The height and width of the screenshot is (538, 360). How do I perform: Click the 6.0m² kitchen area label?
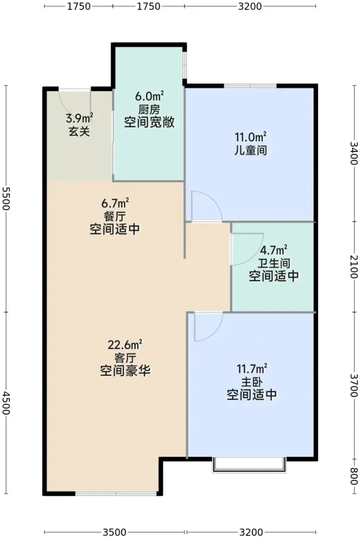click(x=149, y=96)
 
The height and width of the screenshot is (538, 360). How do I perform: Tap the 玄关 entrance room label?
click(x=79, y=131)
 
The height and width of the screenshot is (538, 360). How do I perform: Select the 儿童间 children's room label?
click(x=251, y=151)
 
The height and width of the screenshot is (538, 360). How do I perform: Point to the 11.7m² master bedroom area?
click(x=252, y=369)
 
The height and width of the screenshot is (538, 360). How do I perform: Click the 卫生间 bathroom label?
click(x=274, y=264)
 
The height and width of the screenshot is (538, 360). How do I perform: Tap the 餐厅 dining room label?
click(x=115, y=217)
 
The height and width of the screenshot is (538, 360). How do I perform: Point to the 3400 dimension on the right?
click(x=354, y=153)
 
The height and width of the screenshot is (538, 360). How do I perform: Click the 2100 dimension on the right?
click(x=354, y=267)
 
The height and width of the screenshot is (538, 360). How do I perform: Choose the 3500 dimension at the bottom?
click(x=114, y=532)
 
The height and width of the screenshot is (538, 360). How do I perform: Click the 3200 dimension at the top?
click(x=250, y=6)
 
